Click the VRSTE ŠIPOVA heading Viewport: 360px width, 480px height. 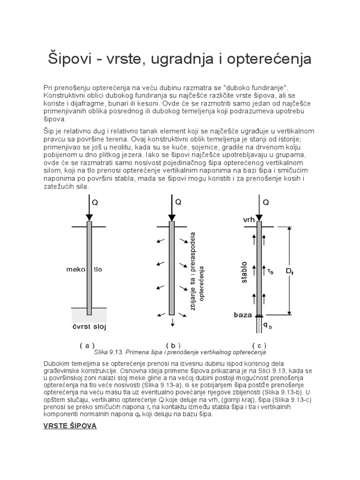pyautogui.click(x=70, y=427)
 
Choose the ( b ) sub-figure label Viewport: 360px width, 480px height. pyautogui.click(x=173, y=345)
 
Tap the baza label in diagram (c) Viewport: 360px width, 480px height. pyautogui.click(x=243, y=315)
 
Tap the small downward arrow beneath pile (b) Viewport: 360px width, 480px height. pyautogui.click(x=172, y=322)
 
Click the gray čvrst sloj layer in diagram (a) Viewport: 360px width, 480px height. pyautogui.click(x=89, y=313)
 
